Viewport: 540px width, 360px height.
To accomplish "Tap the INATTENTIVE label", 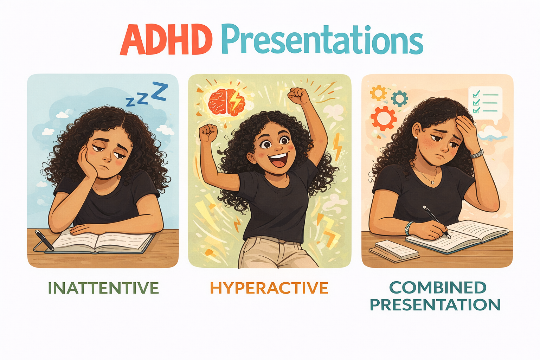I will [x=103, y=288].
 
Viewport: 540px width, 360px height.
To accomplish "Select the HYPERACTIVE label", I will [x=269, y=288].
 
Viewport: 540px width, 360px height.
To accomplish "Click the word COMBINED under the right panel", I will [x=438, y=287].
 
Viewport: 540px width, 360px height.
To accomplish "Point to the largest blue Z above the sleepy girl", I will [x=160, y=91].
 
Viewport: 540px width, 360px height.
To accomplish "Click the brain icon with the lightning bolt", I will [x=227, y=102].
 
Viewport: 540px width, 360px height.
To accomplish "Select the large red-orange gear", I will [x=384, y=118].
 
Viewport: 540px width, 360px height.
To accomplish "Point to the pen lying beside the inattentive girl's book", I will [x=44, y=240].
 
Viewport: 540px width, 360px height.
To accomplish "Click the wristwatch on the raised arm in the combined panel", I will [x=477, y=154].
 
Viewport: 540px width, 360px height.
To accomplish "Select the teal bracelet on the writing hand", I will [x=408, y=228].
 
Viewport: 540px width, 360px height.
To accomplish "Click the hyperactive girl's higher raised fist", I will [x=298, y=95].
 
